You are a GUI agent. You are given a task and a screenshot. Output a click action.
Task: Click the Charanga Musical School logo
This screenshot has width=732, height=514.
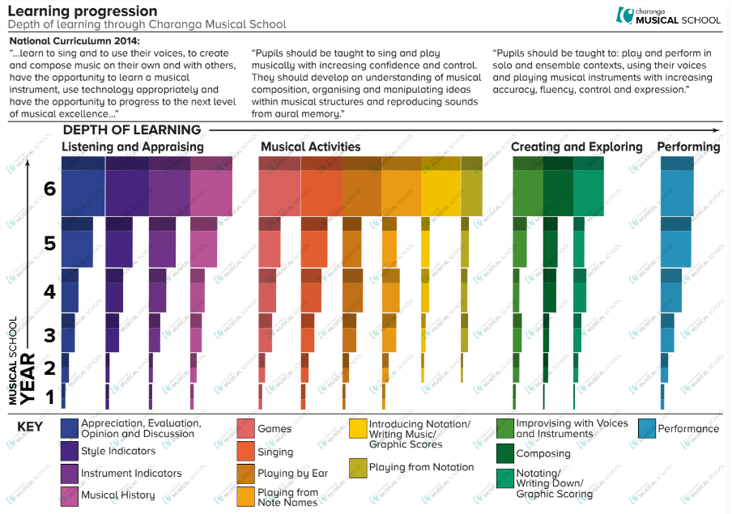click(667, 15)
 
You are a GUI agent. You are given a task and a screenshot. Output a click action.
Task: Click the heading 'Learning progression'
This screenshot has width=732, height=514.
click(83, 11)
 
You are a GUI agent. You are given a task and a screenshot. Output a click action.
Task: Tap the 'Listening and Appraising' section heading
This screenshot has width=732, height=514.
click(133, 147)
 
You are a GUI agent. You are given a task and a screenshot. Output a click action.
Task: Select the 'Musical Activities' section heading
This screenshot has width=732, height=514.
click(310, 147)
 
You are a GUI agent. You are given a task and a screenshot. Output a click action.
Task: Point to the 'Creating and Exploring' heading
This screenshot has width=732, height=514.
click(577, 147)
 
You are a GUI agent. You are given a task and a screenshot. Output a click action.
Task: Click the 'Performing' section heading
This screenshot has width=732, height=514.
click(688, 147)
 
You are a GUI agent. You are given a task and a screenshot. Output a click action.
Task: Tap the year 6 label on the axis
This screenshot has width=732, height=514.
click(49, 189)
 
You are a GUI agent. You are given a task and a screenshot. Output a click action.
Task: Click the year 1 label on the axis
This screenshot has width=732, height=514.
click(49, 397)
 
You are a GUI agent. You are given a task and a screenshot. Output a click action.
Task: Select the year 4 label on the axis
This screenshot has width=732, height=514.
click(49, 291)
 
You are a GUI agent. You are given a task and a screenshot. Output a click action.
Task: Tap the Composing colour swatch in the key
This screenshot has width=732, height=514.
click(505, 453)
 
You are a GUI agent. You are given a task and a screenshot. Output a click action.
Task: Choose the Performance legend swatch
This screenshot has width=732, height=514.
click(647, 429)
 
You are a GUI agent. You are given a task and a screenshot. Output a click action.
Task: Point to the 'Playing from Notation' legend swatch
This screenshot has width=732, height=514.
click(358, 468)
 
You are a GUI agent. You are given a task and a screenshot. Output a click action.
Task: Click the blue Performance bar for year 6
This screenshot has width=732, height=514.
click(678, 193)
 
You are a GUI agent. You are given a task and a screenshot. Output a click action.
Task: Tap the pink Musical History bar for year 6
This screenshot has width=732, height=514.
click(211, 193)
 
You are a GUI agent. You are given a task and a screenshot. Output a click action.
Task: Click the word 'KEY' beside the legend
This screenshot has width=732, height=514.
click(31, 427)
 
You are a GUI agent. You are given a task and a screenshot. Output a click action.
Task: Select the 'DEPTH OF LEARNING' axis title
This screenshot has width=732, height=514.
click(132, 130)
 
